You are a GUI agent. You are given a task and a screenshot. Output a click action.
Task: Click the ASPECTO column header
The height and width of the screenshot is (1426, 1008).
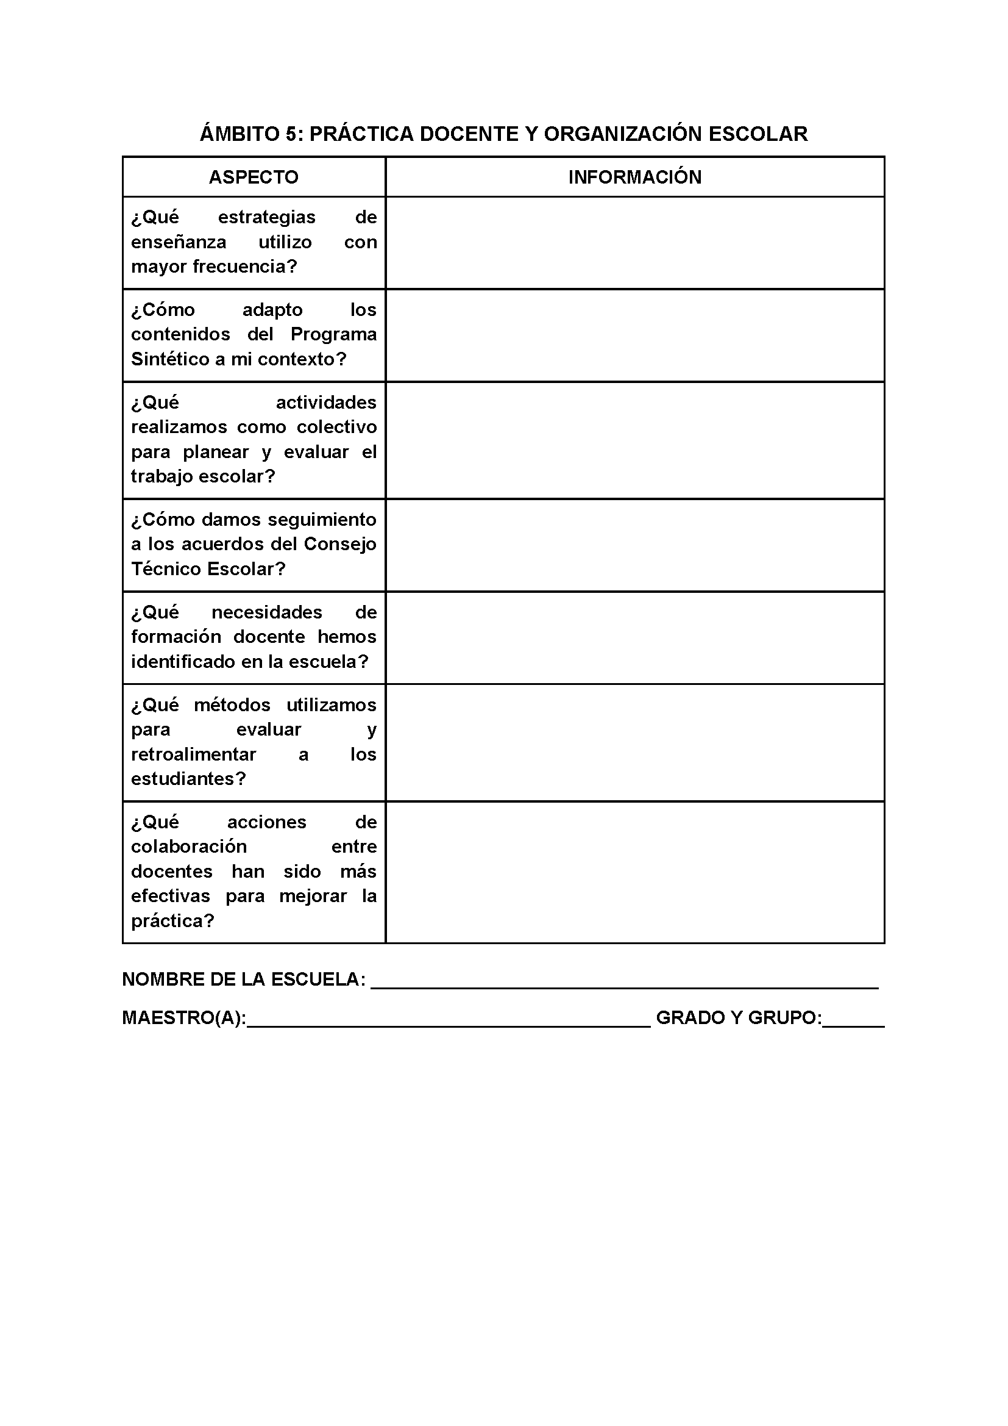tap(254, 177)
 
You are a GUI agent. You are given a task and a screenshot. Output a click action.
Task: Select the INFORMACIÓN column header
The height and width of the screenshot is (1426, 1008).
tap(634, 177)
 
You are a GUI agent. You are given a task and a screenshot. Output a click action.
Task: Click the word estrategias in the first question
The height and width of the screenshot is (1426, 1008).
tap(266, 217)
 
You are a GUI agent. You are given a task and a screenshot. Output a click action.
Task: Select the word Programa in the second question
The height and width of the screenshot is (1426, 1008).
tap(333, 334)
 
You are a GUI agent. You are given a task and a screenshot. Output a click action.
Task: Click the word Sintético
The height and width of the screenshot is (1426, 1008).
tap(170, 359)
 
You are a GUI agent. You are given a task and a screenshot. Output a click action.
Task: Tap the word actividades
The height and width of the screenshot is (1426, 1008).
tap(326, 403)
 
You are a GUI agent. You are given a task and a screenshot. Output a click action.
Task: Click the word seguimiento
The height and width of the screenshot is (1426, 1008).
tap(322, 519)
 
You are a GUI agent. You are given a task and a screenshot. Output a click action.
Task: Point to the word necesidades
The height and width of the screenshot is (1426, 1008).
tap(267, 612)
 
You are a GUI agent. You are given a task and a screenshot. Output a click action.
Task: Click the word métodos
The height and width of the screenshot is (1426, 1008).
tap(232, 705)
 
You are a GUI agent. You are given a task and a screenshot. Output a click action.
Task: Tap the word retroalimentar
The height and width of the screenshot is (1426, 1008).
tap(193, 754)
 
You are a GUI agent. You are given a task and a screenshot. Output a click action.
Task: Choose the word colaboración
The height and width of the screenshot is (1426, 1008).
tap(189, 847)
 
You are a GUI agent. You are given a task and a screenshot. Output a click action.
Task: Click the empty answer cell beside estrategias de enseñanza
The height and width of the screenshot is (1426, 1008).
tap(634, 243)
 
